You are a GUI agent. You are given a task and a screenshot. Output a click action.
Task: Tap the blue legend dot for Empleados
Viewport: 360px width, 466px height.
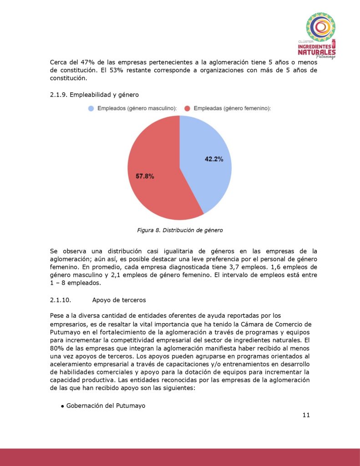[91, 108]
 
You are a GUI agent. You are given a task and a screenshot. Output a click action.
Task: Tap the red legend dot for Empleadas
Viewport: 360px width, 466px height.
[187, 108]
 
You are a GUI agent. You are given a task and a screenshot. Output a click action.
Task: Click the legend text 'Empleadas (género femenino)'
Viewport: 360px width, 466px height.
[232, 108]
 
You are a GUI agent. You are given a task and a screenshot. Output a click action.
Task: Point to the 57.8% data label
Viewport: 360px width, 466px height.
[145, 176]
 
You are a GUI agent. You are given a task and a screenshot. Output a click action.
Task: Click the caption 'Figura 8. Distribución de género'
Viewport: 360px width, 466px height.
[180, 230]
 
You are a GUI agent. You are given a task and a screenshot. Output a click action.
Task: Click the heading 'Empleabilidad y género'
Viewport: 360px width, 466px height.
[103, 95]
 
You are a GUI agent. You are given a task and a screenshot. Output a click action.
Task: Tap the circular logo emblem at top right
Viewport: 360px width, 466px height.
[320, 27]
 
